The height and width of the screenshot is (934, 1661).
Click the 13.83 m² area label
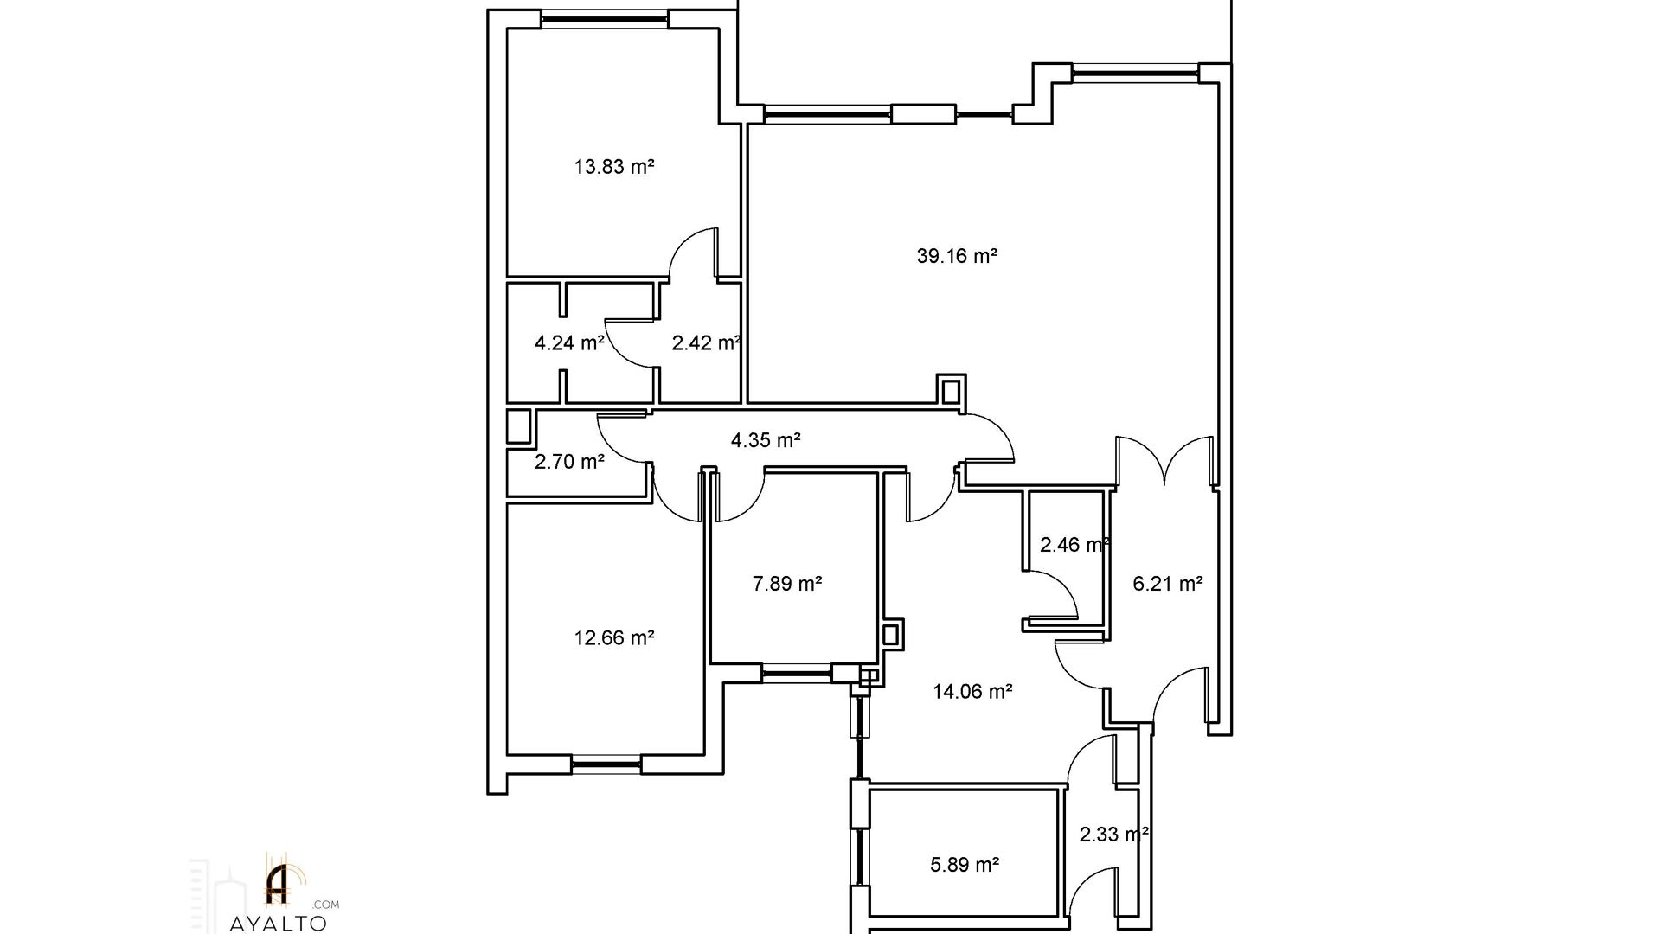tap(613, 167)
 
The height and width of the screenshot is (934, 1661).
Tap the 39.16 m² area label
tap(957, 257)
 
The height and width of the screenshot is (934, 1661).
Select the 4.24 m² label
tap(569, 343)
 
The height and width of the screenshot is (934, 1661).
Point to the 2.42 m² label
tap(707, 343)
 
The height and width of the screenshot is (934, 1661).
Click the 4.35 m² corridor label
tap(766, 441)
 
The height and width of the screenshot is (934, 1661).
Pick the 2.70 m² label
tap(569, 463)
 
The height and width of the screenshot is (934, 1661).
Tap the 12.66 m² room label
tap(613, 639)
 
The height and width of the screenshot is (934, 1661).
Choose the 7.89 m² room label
tap(786, 585)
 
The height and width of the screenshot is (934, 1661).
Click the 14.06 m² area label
tap(972, 692)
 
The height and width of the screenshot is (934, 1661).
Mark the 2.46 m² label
tap(1075, 546)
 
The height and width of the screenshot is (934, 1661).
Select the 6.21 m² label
tap(1168, 585)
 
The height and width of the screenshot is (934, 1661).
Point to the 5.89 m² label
tap(965, 865)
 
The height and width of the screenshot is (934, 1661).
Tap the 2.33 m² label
tap(1114, 835)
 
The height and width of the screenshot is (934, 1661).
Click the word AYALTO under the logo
tap(279, 924)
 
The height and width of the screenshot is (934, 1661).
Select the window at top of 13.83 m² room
tap(605, 19)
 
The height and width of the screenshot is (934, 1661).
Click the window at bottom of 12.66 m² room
tap(606, 763)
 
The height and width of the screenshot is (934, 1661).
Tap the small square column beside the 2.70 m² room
tap(518, 427)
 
